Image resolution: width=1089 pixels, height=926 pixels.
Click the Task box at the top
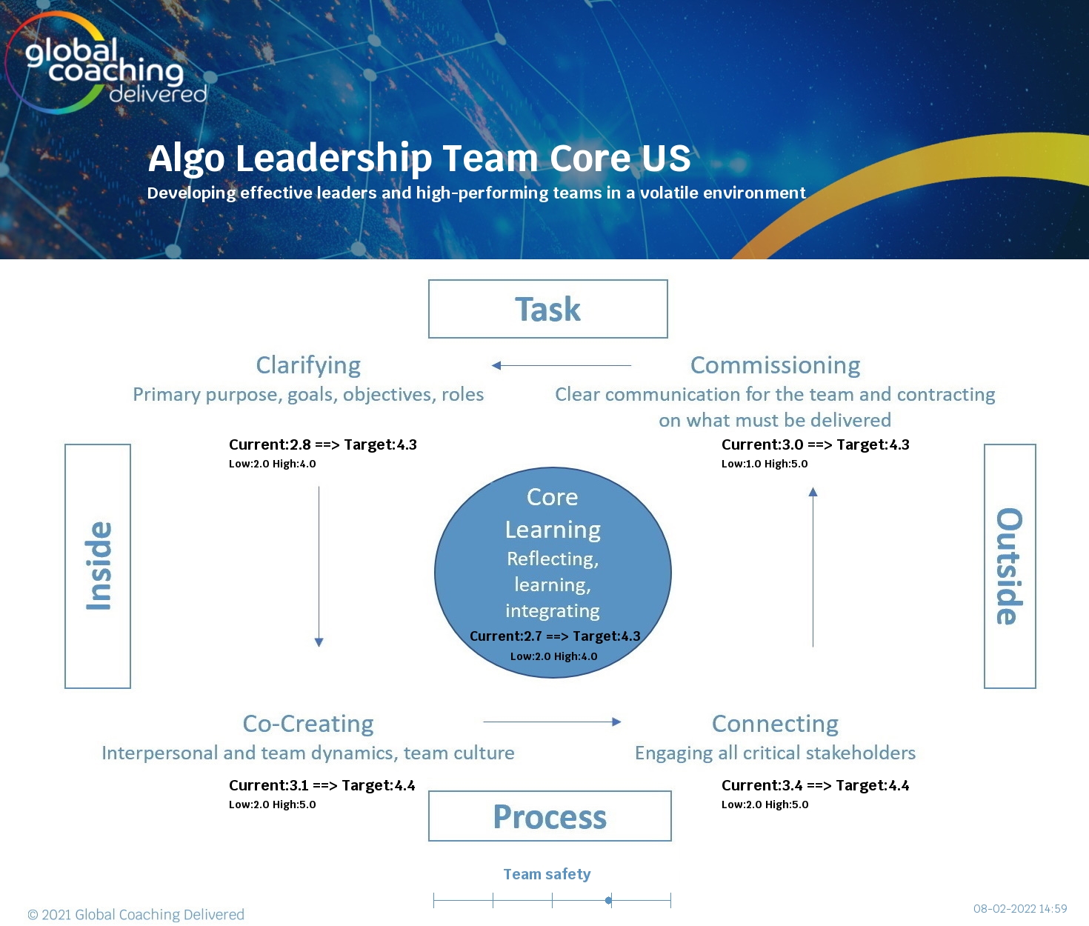[548, 309]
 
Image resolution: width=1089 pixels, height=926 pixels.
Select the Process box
[550, 816]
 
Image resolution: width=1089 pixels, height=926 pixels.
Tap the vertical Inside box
[98, 566]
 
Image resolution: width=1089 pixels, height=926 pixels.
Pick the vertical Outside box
[1009, 566]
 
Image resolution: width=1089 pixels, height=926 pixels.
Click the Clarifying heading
[308, 365]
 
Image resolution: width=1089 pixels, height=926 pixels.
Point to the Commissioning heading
[775, 365]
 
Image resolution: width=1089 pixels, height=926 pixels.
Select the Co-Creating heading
[308, 724]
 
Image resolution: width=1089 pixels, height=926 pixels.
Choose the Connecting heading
[775, 724]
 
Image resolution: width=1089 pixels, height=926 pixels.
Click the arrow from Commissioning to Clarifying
[562, 365]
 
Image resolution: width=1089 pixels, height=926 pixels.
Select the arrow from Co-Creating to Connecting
[552, 722]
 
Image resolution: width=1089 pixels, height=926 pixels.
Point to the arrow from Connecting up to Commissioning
[813, 567]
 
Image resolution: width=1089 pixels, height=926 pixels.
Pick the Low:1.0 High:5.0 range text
[765, 464]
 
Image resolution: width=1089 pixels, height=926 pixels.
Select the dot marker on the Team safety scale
[608, 900]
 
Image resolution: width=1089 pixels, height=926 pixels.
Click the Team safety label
[547, 874]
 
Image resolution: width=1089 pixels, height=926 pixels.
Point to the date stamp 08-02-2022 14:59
[1020, 909]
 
